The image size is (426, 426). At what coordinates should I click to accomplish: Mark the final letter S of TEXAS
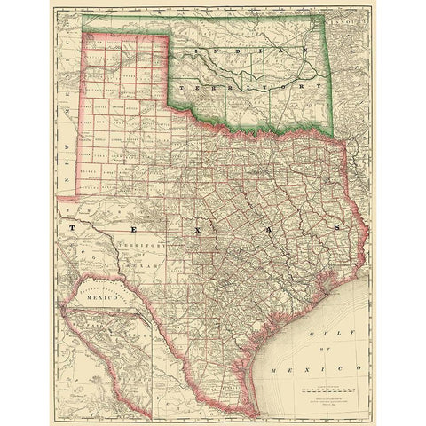337,227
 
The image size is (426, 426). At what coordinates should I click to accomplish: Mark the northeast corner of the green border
332,16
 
